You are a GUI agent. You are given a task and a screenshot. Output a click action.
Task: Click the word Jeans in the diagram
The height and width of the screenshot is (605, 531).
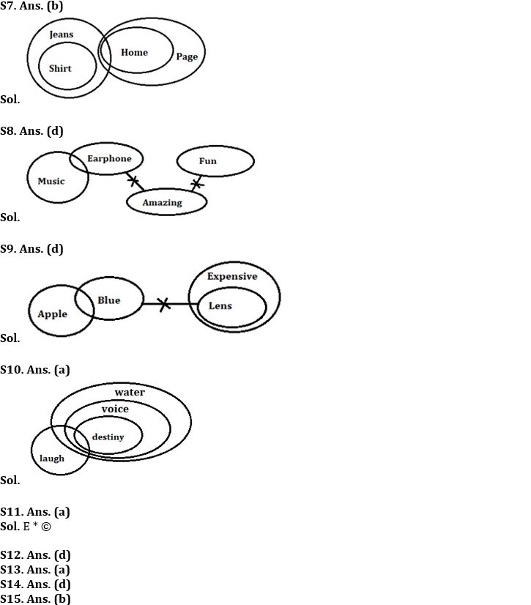point(62,34)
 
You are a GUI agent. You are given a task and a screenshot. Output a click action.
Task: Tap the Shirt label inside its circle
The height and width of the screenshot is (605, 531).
point(60,68)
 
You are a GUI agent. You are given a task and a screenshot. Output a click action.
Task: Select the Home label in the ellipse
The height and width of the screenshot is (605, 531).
point(134,52)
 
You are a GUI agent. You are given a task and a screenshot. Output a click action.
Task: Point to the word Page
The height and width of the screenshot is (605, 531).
point(187,56)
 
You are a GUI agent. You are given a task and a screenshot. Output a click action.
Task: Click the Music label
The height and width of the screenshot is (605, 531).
point(51,181)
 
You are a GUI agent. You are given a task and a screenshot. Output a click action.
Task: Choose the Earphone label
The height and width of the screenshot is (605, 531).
point(109,158)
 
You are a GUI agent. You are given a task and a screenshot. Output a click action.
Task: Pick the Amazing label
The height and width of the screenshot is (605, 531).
point(162,203)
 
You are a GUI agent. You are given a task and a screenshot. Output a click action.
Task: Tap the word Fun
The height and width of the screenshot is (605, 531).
point(208,160)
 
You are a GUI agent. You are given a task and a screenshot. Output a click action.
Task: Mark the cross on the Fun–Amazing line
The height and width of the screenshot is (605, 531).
point(196,183)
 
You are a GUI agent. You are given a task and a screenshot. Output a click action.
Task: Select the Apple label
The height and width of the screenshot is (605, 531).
point(52,314)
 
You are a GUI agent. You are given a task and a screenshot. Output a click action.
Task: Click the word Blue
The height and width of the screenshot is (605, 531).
point(108,300)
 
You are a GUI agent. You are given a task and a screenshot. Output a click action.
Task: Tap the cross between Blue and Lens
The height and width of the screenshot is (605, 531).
point(164,303)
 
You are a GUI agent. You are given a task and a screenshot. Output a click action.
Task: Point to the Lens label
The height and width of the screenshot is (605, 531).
point(220,305)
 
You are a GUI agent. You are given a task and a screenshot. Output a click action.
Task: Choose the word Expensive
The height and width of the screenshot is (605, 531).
point(232,276)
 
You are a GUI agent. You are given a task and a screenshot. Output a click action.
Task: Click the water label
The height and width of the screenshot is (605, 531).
point(130,392)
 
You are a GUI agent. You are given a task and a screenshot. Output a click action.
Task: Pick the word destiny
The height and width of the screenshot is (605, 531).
point(108,437)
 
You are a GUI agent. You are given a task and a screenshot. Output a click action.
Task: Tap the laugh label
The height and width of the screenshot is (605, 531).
point(52,459)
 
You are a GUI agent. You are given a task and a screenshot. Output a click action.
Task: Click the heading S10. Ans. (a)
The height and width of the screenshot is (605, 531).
point(35,369)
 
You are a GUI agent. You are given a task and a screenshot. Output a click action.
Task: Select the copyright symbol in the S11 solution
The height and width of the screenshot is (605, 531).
point(46,526)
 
